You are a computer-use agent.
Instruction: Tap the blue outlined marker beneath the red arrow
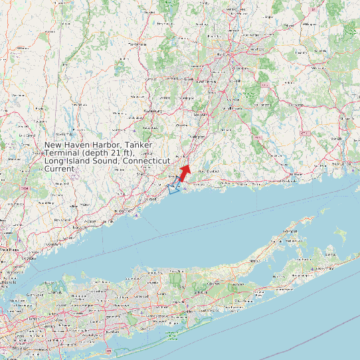(175, 185)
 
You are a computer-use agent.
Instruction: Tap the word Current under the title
(59, 169)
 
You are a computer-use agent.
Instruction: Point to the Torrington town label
(137, 44)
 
